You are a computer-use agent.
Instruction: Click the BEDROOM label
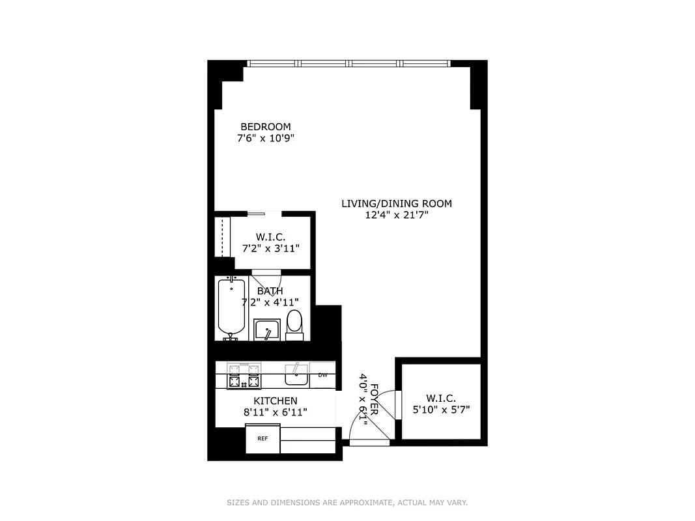pyautogui.click(x=266, y=126)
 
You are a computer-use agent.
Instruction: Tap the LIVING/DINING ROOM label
pyautogui.click(x=396, y=203)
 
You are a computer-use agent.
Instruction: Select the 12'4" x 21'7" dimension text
pyautogui.click(x=396, y=215)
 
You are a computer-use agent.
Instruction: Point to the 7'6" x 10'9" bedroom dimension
pyautogui.click(x=266, y=138)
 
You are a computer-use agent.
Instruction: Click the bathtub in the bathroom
pyautogui.click(x=231, y=306)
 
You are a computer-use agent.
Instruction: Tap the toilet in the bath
pyautogui.click(x=294, y=324)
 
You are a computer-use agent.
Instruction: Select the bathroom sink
pyautogui.click(x=266, y=330)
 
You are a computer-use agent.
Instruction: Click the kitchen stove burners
pyautogui.click(x=243, y=376)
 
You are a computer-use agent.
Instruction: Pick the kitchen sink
pyautogui.click(x=298, y=374)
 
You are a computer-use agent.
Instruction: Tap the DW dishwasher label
pyautogui.click(x=322, y=374)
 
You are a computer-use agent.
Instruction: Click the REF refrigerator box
pyautogui.click(x=262, y=438)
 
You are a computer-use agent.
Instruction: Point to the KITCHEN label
pyautogui.click(x=276, y=401)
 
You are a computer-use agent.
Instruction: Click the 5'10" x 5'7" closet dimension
pyautogui.click(x=441, y=410)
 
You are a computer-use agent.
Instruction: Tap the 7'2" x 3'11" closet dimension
pyautogui.click(x=270, y=247)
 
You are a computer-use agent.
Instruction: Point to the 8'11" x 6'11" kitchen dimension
pyautogui.click(x=276, y=412)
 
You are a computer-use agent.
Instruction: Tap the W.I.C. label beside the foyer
pyautogui.click(x=441, y=398)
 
